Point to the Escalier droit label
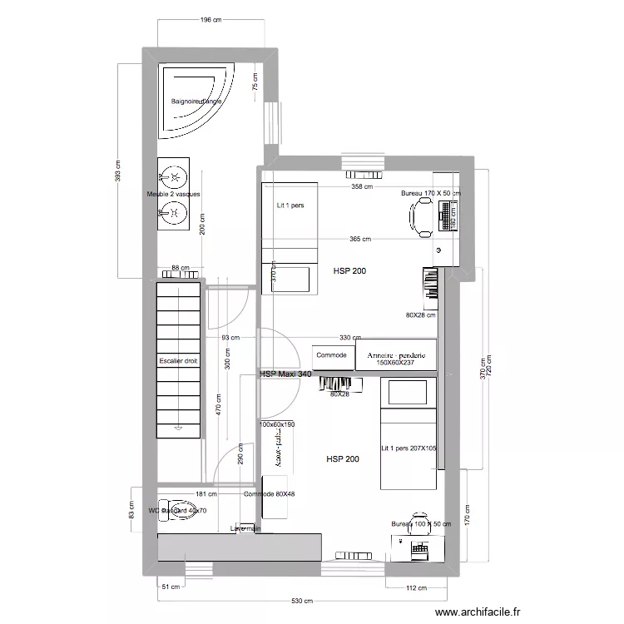(x=179, y=362)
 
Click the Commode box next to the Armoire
(x=332, y=354)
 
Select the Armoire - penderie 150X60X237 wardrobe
(x=396, y=355)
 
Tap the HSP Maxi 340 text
(x=285, y=375)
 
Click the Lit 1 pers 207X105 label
(x=409, y=448)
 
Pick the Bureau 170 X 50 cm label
(x=430, y=193)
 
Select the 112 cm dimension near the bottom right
(x=416, y=587)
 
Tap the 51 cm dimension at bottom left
(x=170, y=587)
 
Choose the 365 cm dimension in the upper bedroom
(x=359, y=240)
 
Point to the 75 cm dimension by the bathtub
(x=255, y=82)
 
